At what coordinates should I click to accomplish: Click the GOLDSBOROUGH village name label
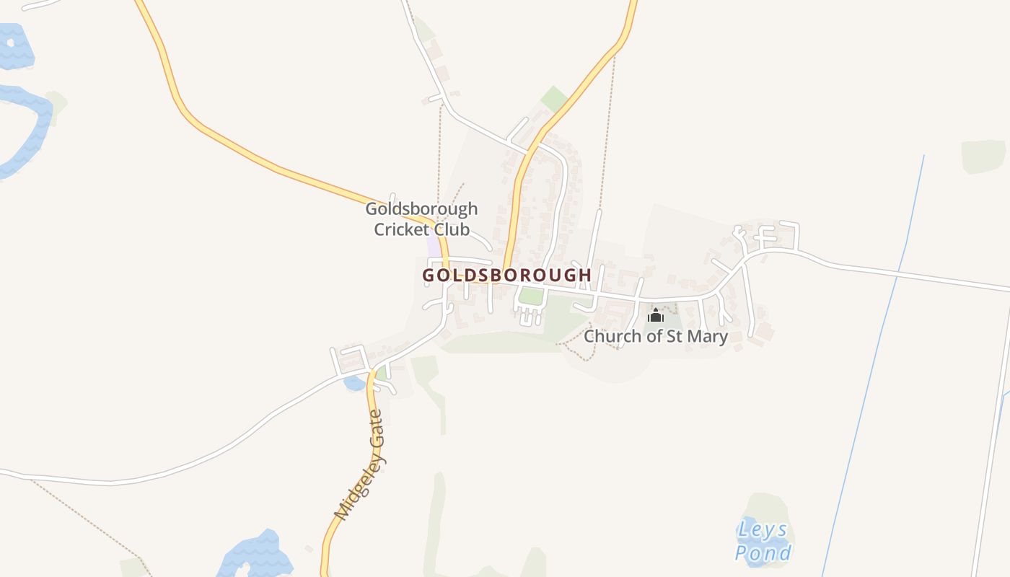[x=506, y=275]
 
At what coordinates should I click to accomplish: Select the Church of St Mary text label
[x=655, y=336]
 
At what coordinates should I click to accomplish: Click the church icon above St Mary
[x=655, y=316]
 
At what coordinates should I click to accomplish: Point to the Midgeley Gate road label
[x=361, y=464]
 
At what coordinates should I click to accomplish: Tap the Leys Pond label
[x=763, y=541]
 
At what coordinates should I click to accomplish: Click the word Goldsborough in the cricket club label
[x=421, y=209]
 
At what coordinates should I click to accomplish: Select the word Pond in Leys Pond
[x=763, y=553]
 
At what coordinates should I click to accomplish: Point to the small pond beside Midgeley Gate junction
[x=354, y=383]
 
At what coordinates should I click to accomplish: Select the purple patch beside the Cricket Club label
[x=434, y=245]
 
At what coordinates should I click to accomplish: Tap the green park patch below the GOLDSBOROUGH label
[x=531, y=296]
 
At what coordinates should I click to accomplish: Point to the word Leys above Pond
[x=762, y=530]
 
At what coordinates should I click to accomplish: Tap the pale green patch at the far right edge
[x=983, y=157]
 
